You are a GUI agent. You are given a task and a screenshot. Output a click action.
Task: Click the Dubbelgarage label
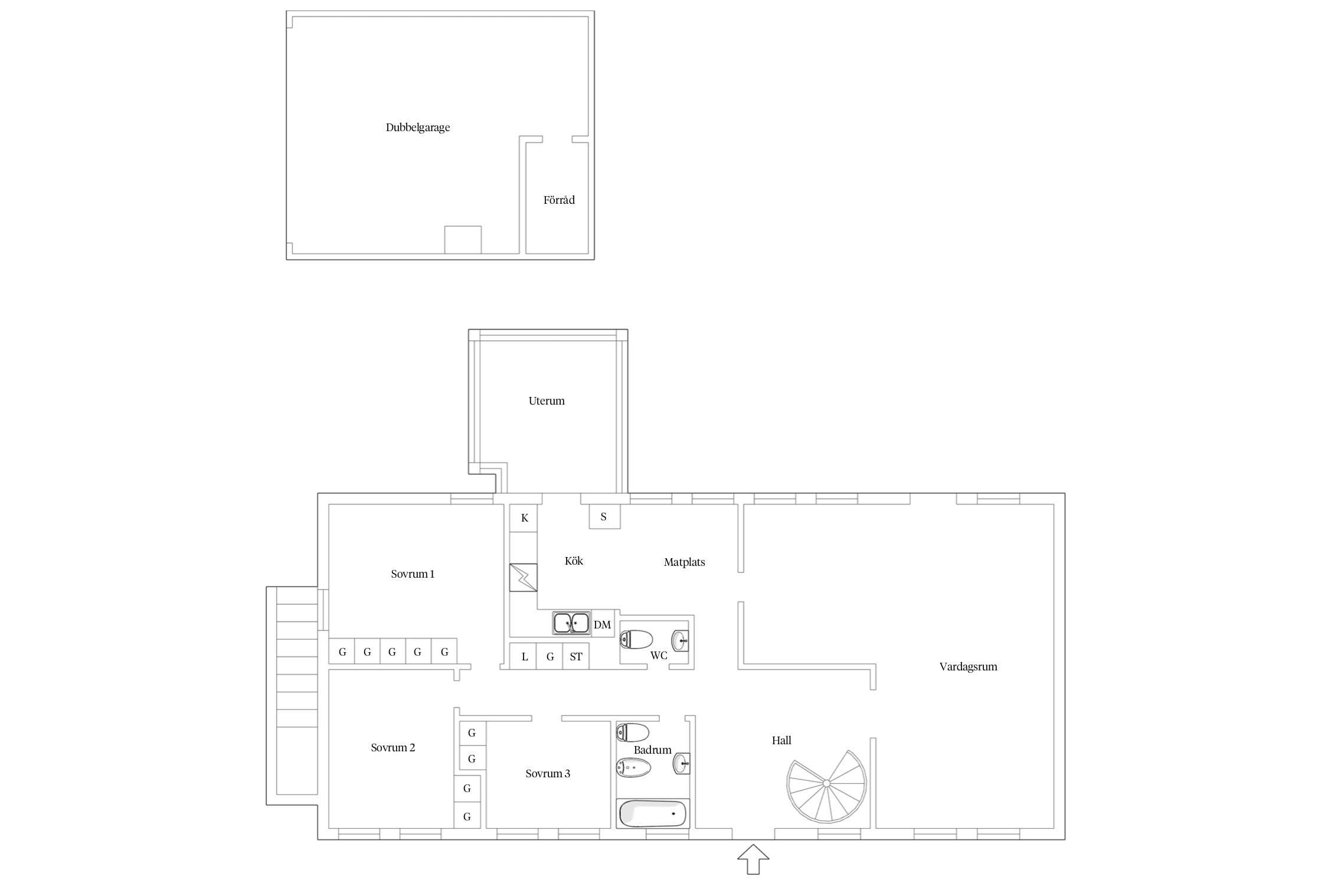[x=418, y=128]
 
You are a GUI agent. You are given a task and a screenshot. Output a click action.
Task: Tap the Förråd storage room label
[x=559, y=200]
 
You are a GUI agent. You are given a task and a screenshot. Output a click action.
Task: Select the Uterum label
[x=547, y=401]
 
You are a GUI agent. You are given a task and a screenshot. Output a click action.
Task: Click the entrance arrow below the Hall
[x=753, y=859]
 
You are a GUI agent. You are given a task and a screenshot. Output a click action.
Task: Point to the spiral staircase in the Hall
[x=826, y=786]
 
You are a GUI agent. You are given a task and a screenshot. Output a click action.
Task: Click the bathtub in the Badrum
[x=653, y=814]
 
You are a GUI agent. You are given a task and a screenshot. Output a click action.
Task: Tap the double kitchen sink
[x=571, y=623]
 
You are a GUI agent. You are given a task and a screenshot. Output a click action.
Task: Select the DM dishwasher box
[x=603, y=624]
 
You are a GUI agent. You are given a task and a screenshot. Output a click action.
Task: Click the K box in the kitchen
[x=524, y=518]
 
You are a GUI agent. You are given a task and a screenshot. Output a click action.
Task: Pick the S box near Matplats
[x=604, y=516]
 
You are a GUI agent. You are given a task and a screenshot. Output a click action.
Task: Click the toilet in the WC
[x=636, y=639]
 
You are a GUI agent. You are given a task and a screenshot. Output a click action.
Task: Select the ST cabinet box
[x=576, y=656]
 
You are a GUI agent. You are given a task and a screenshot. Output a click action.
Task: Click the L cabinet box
[x=524, y=656]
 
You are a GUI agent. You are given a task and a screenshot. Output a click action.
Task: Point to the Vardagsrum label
[x=968, y=667]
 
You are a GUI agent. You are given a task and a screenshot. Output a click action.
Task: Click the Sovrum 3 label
[x=548, y=774]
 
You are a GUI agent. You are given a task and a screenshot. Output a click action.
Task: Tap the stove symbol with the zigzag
[x=524, y=578]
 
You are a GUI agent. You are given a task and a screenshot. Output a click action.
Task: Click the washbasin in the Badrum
[x=682, y=763]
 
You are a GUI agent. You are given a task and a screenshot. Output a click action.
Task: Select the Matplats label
[x=685, y=562]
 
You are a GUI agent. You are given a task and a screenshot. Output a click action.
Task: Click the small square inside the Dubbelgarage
[x=463, y=240]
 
